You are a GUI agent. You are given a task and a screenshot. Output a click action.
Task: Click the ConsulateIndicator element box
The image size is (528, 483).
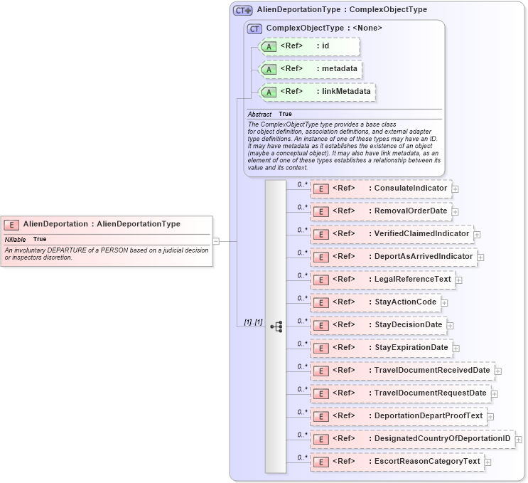coord(381,189)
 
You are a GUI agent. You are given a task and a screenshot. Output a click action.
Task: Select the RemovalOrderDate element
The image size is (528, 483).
coord(381,211)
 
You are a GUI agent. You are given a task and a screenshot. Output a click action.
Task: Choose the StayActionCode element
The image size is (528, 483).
coord(375,302)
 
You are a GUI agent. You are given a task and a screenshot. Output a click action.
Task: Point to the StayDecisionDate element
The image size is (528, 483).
coord(378,325)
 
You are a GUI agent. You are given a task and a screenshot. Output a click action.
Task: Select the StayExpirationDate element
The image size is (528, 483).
coord(381,348)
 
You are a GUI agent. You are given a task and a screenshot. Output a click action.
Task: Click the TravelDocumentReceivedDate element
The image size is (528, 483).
coord(402,371)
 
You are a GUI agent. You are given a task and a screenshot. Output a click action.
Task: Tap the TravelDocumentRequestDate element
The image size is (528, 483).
coord(400,393)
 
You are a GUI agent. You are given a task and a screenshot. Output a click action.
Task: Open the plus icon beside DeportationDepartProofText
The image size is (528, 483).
coord(490,417)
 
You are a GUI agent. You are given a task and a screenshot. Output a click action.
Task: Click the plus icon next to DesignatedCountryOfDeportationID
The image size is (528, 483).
coord(518,440)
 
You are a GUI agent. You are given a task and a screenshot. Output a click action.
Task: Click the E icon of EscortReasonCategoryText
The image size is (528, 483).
coord(321,462)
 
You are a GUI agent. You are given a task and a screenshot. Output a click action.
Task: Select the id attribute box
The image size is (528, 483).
coord(310,47)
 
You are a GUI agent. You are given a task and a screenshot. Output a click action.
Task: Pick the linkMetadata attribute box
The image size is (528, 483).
coord(317,92)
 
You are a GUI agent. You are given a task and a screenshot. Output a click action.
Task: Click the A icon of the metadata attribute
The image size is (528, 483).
coord(269,70)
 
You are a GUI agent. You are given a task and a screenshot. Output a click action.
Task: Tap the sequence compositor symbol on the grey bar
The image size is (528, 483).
coord(276,327)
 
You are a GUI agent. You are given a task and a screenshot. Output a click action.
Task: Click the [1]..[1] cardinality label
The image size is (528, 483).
coord(253,322)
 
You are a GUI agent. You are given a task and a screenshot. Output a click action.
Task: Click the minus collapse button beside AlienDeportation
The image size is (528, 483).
coord(216,241)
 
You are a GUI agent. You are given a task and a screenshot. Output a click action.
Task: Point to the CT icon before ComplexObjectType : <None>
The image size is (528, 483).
coord(254,28)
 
